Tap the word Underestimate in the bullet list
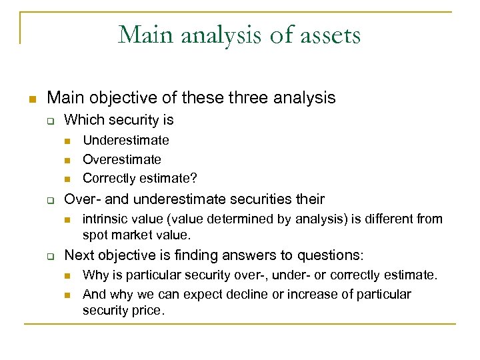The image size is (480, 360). coord(125,140)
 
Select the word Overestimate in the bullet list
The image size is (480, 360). coord(121,159)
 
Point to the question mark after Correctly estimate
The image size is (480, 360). coord(194,178)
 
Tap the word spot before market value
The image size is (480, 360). coord(95,235)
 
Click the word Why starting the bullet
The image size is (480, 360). coord(95,275)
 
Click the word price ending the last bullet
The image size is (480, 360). coord(148,310)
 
